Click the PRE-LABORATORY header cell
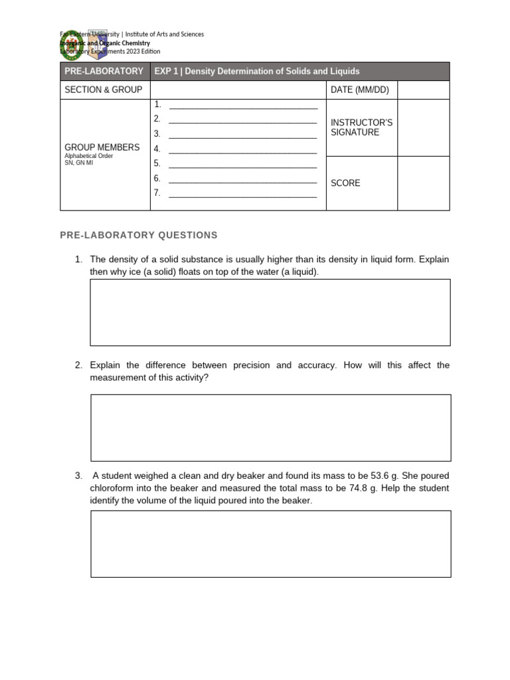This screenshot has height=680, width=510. [104, 71]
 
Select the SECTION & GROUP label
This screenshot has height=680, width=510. [103, 90]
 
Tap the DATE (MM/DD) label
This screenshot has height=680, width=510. [360, 90]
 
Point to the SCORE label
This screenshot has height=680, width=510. [345, 183]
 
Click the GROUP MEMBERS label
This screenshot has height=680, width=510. [102, 147]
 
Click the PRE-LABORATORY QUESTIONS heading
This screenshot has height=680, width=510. [138, 235]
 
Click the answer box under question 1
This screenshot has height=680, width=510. [270, 312]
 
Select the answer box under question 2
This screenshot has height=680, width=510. [270, 428]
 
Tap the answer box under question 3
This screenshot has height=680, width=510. [270, 543]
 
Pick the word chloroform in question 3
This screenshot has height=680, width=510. [113, 488]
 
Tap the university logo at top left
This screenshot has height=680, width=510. [72, 44]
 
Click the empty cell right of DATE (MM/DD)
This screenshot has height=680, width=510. [423, 90]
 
